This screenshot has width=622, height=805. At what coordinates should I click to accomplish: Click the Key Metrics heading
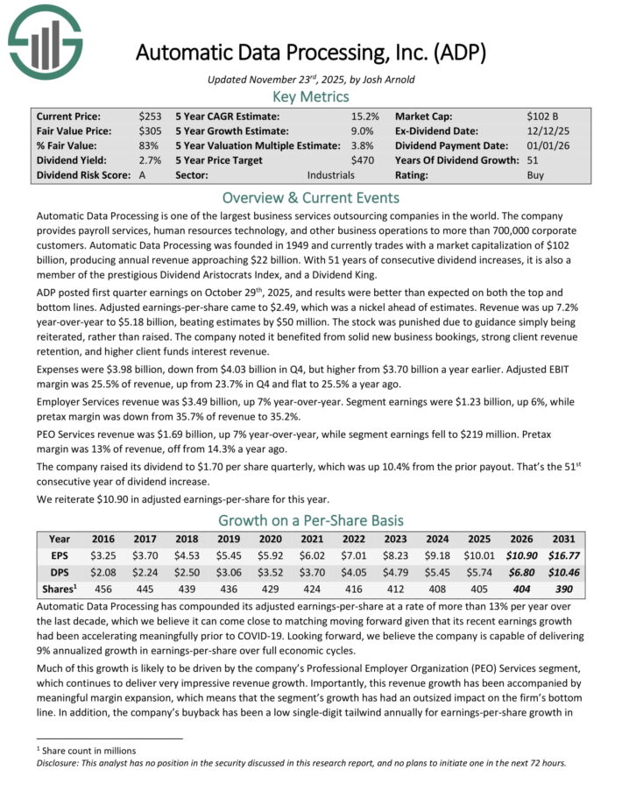coord(310,96)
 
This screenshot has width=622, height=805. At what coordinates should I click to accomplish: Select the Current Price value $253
coord(150,116)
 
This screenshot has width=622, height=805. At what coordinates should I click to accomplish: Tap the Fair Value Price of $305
coord(150,131)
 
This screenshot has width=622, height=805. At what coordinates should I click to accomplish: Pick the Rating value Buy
coord(536,175)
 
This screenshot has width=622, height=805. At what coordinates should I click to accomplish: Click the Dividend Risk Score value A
coord(142,175)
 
